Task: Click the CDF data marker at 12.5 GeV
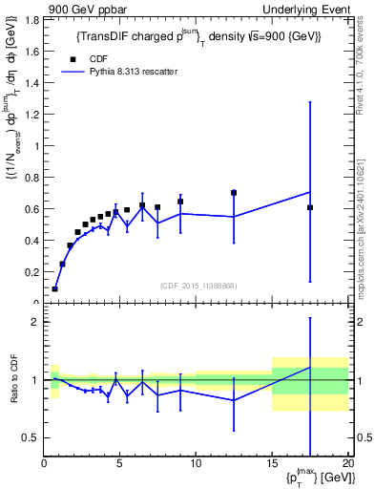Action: [x=234, y=193]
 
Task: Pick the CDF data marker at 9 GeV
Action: [x=180, y=202]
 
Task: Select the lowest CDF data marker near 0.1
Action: [x=55, y=288]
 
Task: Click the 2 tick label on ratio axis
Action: [x=34, y=322]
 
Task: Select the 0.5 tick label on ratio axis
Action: [x=31, y=437]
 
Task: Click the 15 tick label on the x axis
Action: [x=272, y=463]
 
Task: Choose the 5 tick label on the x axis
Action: [x=120, y=463]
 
